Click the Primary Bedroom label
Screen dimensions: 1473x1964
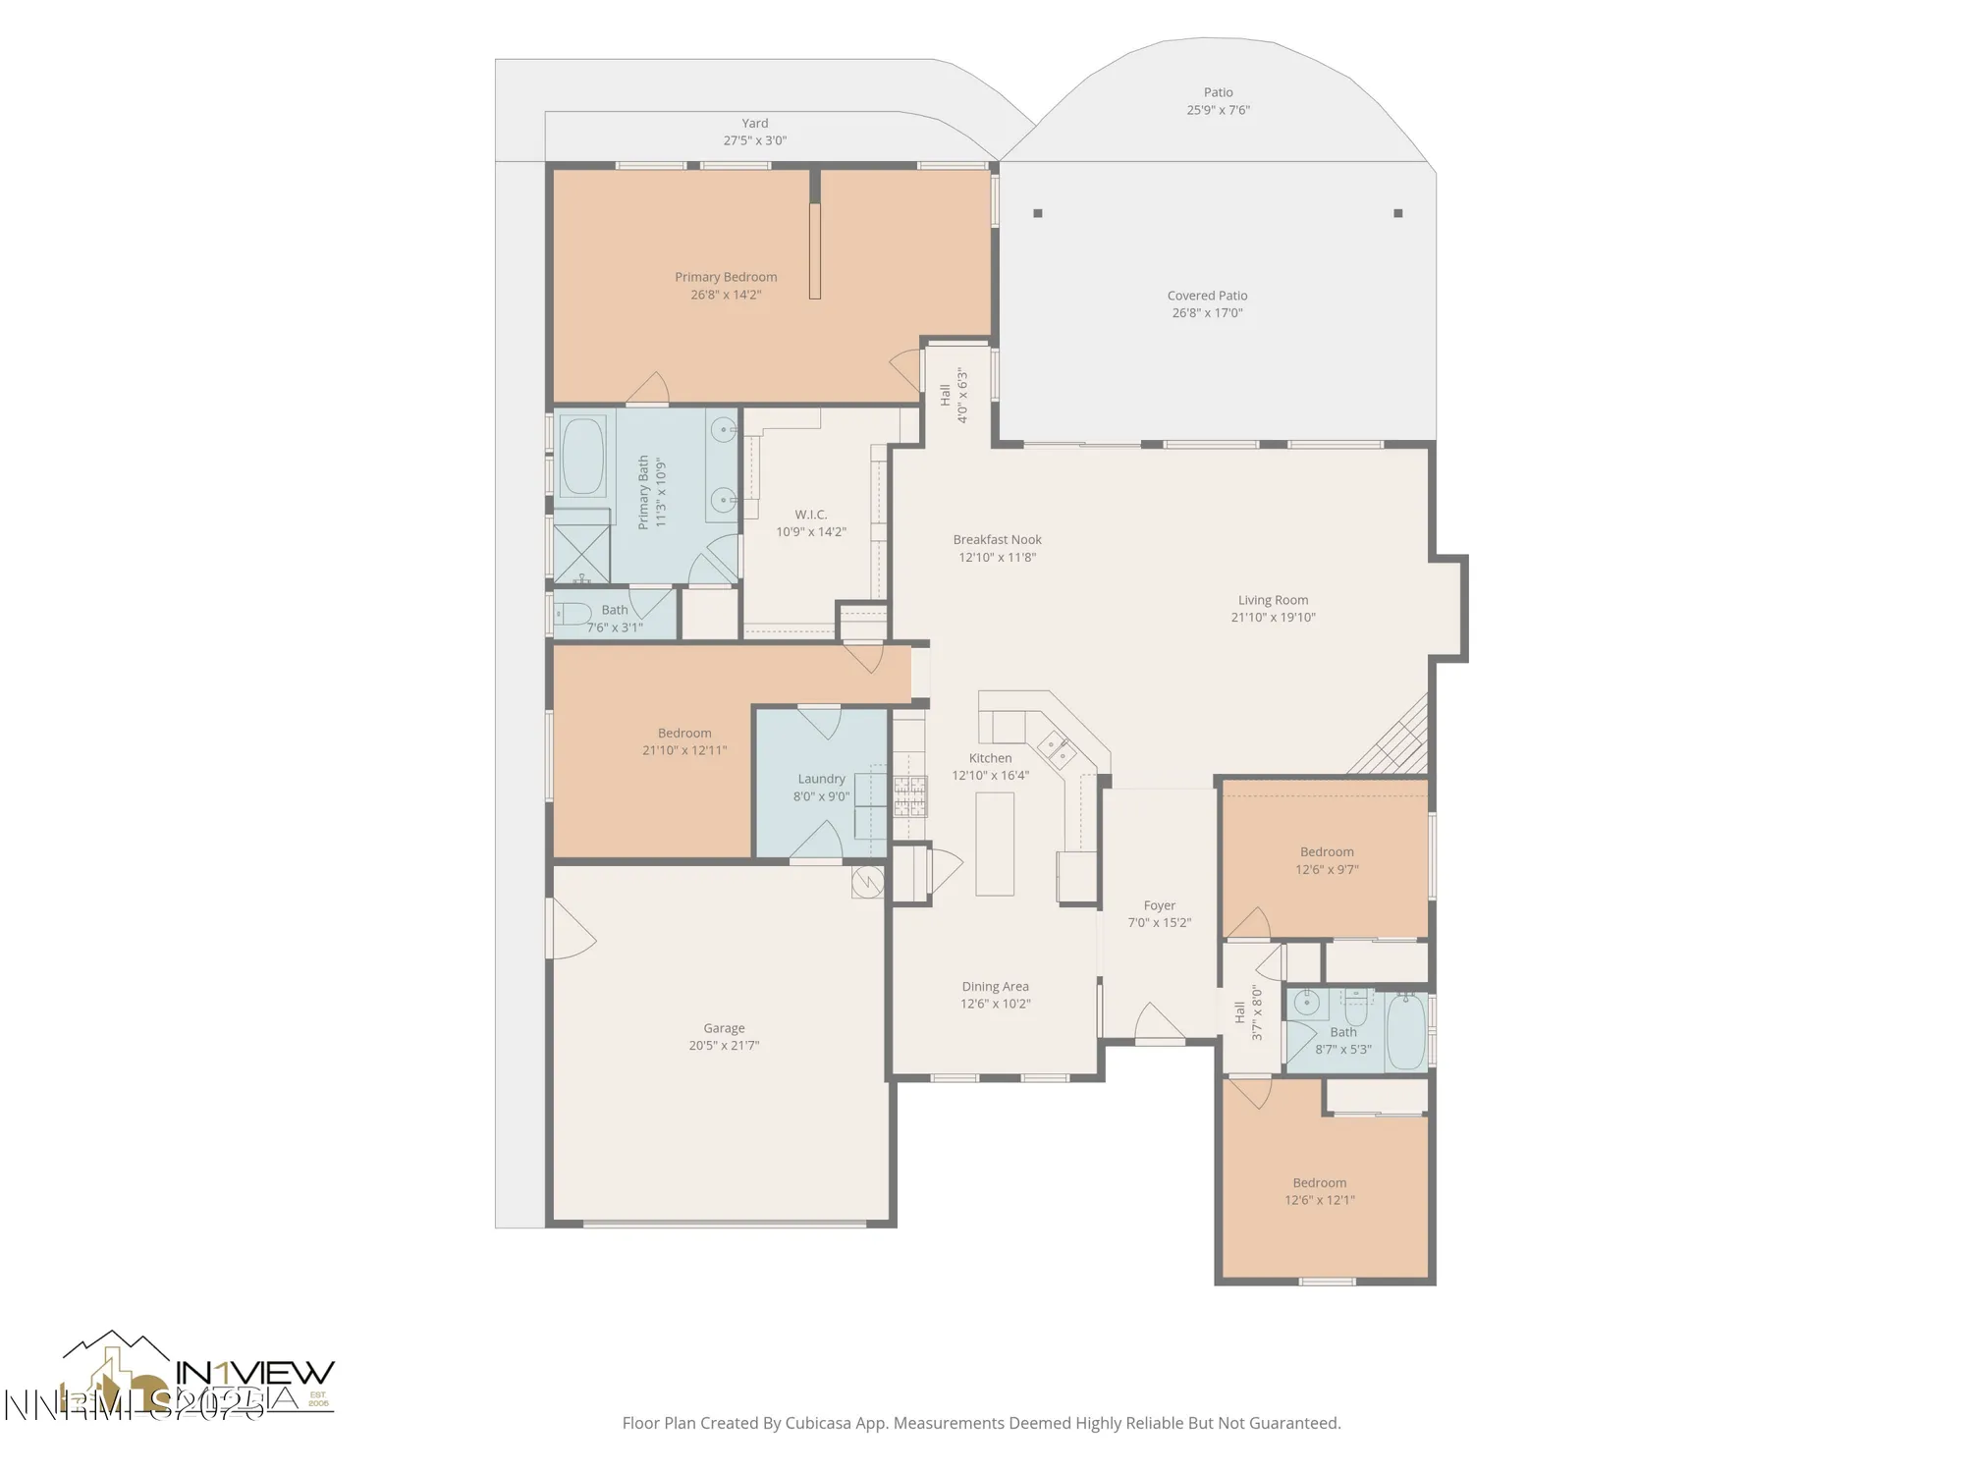(x=726, y=277)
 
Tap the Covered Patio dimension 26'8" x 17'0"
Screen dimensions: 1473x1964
(x=1207, y=313)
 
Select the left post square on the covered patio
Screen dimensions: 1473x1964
(x=1038, y=213)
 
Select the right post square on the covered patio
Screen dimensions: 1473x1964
(x=1398, y=213)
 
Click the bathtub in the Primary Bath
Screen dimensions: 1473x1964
(x=583, y=457)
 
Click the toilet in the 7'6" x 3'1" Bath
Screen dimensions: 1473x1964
(x=572, y=615)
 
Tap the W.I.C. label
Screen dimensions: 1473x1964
(x=811, y=515)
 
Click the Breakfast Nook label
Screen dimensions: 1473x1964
(x=997, y=539)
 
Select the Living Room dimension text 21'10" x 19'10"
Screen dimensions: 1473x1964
(x=1273, y=618)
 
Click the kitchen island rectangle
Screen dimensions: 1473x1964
(x=994, y=844)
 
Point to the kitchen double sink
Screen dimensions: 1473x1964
(x=1057, y=750)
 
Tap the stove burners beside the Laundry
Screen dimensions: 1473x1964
(x=909, y=796)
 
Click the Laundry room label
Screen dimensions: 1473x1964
(x=821, y=779)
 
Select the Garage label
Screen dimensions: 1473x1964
(x=724, y=1028)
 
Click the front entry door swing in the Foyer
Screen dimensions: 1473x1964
(x=1159, y=1023)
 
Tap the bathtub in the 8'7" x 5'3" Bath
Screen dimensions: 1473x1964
(x=1406, y=1031)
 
